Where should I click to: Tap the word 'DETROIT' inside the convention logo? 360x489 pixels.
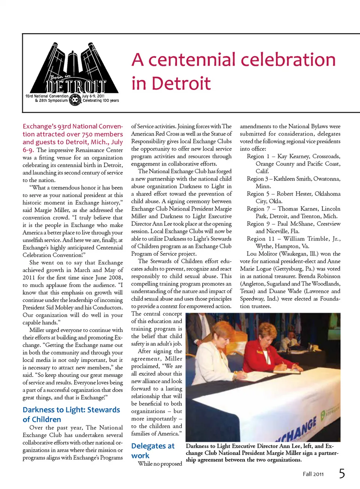[x=76, y=86]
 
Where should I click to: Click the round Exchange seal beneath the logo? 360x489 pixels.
[x=75, y=99]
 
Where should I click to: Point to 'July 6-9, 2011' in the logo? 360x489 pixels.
[x=93, y=96]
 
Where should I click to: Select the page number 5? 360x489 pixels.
[x=342, y=474]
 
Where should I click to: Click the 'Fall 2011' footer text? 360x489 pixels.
[x=313, y=474]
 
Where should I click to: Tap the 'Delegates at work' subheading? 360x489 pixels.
[x=153, y=451]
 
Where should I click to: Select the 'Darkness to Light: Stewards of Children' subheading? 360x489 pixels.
[x=71, y=414]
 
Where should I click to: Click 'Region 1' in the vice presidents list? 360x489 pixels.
[x=258, y=156]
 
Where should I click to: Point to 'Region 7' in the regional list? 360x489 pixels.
[x=258, y=209]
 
